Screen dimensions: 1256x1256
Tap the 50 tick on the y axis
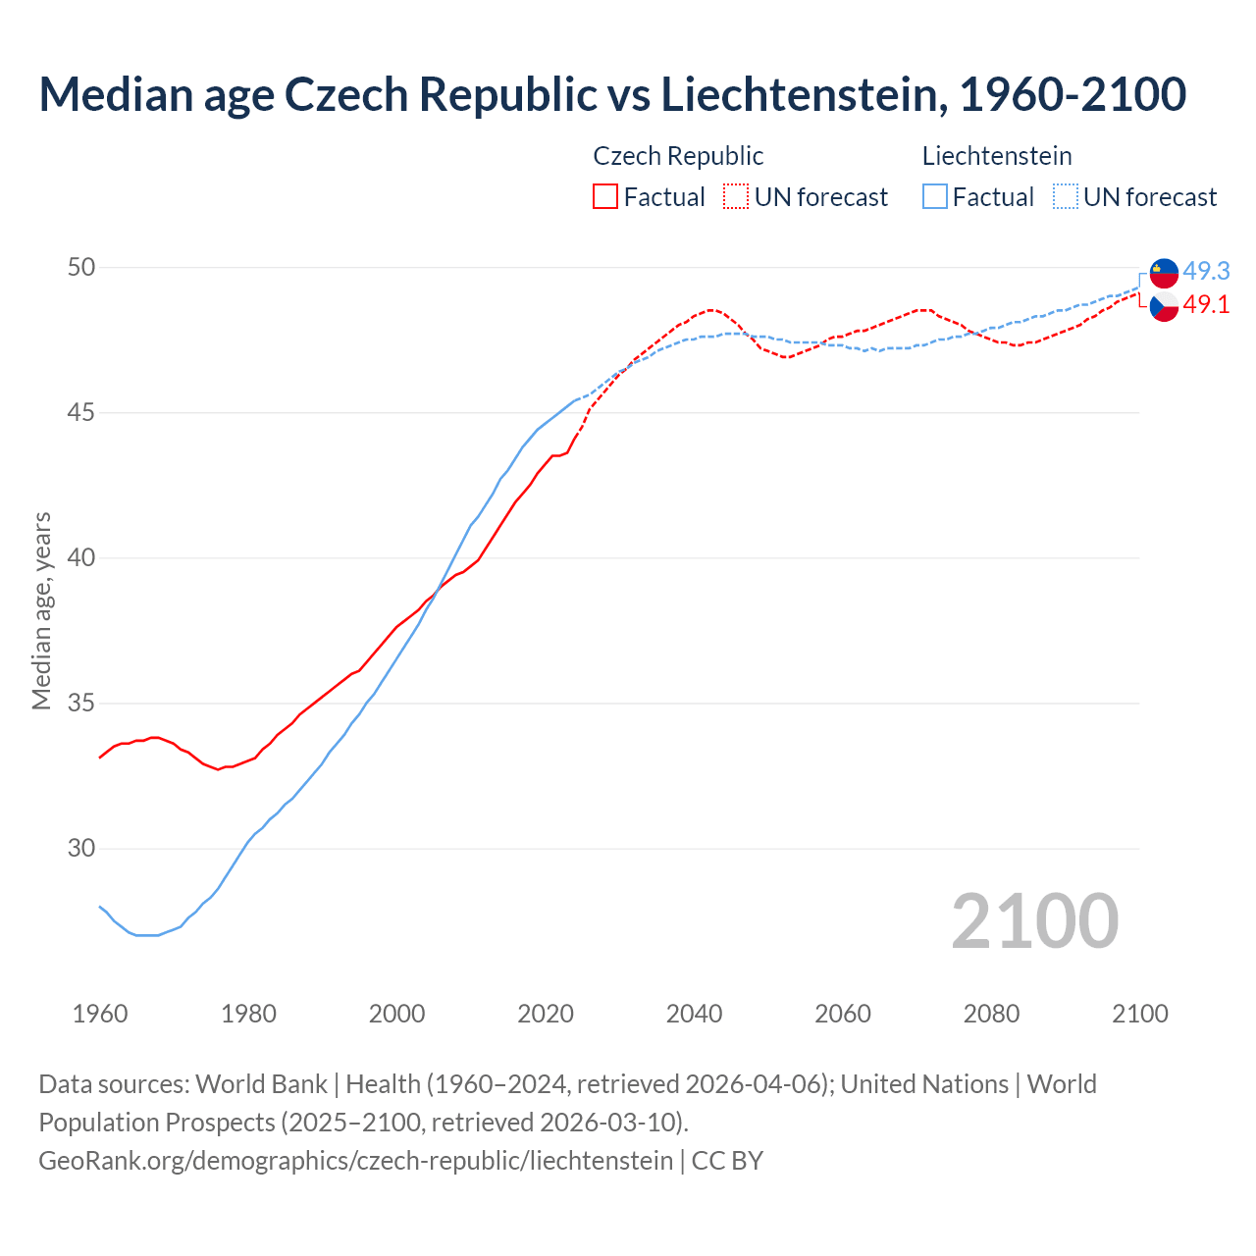[81, 267]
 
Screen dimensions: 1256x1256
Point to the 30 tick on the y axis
[81, 848]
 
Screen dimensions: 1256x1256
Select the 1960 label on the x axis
[100, 1014]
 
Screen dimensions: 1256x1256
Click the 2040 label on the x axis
[694, 1014]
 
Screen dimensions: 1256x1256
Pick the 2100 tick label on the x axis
[1139, 1014]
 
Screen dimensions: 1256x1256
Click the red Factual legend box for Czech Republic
[605, 197]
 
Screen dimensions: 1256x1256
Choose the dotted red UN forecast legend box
[736, 197]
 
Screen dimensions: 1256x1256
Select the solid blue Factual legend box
[935, 197]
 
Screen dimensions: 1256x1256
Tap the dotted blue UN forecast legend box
[1065, 197]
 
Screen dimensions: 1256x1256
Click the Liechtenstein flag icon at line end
[1164, 273]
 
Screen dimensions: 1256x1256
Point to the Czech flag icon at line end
[1164, 306]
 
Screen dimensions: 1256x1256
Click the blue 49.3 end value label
[1206, 271]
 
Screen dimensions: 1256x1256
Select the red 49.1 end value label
[1206, 304]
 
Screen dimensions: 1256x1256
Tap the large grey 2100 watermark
[1034, 920]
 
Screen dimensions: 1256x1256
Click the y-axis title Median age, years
[41, 610]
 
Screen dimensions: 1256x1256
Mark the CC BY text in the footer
[727, 1160]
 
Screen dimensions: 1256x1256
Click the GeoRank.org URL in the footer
[355, 1160]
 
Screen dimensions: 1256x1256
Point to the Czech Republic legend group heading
[678, 156]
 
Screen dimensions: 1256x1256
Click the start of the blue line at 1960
[100, 907]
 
